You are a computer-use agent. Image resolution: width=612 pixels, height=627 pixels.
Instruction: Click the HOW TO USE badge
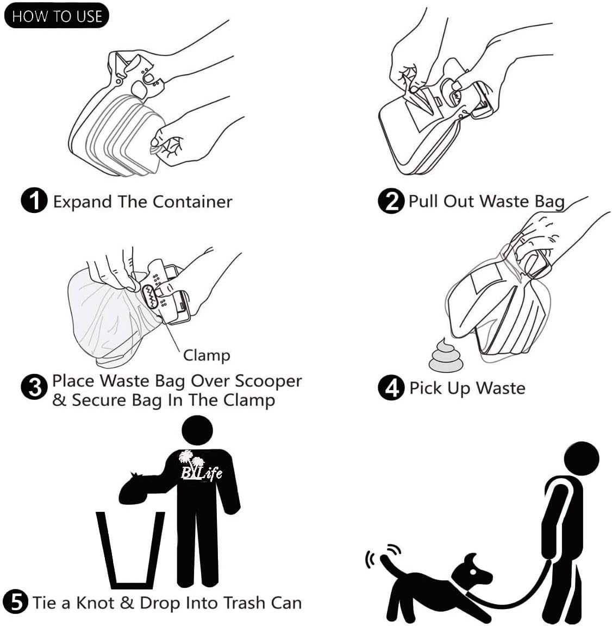coord(57,16)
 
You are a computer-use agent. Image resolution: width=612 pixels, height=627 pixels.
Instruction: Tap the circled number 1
coord(34,201)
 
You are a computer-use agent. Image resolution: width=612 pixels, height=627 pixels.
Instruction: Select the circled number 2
coord(391,201)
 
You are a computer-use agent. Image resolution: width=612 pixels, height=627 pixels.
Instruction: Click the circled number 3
coord(34,388)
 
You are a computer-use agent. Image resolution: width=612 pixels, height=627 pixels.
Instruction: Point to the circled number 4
coord(391,388)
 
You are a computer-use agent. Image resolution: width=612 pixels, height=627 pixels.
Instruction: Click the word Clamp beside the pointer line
coord(207,355)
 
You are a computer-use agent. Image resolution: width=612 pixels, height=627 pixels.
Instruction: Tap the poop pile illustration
coord(445,356)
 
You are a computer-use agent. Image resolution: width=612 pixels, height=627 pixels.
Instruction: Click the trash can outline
coord(130,549)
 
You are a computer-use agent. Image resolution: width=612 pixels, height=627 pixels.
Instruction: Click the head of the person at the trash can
coord(197,432)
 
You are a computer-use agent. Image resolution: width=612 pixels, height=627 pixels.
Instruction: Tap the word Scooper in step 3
coord(268,381)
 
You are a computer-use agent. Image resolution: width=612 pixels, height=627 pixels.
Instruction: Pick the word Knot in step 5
coord(94,603)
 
